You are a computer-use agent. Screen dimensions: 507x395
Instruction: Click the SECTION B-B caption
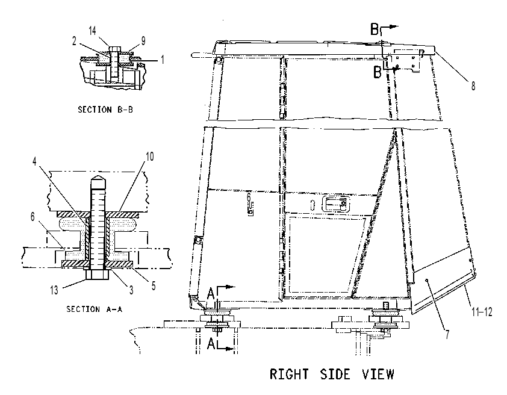coord(105,110)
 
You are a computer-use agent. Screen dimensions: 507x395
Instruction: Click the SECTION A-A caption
coord(95,309)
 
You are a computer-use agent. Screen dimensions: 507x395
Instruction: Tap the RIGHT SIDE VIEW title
coord(332,375)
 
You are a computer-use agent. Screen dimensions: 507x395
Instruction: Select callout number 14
coord(93,31)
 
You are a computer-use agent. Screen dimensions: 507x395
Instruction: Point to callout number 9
coord(143,41)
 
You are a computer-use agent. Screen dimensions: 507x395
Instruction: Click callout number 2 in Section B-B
coord(75,41)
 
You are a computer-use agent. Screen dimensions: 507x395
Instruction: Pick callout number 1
coord(163,60)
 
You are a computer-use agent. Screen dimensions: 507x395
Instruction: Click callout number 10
coord(150,157)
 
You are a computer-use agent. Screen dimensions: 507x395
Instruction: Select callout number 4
coord(35,161)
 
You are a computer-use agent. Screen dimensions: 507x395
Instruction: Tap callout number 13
coord(54,290)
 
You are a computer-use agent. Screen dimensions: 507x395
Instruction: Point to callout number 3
coord(131,290)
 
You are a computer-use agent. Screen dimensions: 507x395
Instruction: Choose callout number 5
coord(154,286)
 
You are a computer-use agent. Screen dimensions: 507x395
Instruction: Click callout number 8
coord(473,86)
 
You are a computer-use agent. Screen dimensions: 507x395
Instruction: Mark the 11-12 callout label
coord(482,312)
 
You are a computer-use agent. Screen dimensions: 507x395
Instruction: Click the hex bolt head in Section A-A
coord(98,275)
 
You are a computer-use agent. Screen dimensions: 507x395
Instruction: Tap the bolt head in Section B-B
coord(115,49)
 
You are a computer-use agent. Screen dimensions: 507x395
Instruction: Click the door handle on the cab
coord(334,204)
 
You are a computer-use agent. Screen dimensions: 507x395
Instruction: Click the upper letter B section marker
coord(375,30)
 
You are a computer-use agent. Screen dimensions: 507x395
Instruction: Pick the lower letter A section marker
coord(211,344)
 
